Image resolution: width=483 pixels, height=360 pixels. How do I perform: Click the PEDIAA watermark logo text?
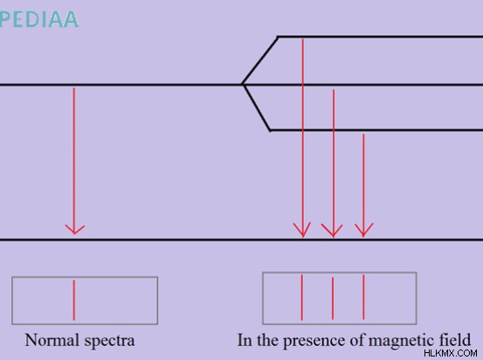[x=39, y=19]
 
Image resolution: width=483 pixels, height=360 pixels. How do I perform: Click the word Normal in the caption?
[x=52, y=340]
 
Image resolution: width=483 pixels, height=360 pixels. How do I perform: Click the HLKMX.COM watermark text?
[x=451, y=353]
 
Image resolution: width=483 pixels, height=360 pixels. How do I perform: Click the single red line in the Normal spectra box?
[x=74, y=301]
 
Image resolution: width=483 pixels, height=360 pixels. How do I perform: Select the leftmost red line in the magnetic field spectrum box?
[x=302, y=297]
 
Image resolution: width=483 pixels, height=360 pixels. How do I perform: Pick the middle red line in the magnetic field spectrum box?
[x=333, y=298]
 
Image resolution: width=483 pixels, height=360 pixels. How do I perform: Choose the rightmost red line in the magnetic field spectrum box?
[x=363, y=297]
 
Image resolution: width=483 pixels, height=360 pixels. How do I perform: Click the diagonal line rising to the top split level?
[x=260, y=60]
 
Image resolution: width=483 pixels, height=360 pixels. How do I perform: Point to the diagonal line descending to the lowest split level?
[x=257, y=107]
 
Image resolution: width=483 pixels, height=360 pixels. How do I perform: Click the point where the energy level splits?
[x=243, y=84]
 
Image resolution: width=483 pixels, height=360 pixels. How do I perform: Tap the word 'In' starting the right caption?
[x=245, y=340]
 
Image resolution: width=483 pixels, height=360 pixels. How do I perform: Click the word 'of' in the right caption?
[x=356, y=340]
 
